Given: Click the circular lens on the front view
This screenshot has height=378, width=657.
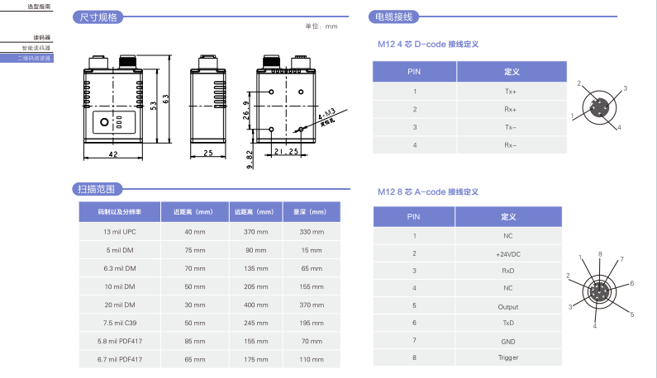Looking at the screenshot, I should (104, 125).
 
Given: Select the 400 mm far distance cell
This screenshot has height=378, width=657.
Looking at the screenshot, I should (255, 304).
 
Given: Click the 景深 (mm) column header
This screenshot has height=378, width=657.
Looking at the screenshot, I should (310, 212).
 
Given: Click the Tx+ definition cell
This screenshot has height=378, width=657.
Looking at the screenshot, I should (510, 92).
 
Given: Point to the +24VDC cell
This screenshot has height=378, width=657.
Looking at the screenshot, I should (507, 253).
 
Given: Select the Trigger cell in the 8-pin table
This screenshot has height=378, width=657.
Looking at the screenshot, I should (507, 357).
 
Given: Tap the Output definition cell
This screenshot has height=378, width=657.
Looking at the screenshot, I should (507, 305).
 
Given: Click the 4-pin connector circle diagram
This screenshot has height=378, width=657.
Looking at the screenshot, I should (599, 106).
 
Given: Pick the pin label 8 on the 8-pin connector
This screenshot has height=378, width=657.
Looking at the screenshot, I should (600, 253).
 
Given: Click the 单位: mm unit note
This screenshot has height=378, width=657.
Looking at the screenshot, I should (321, 26).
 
